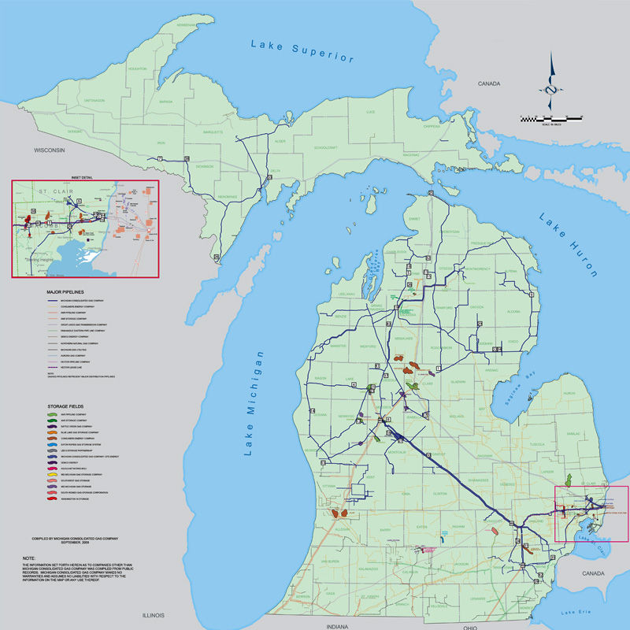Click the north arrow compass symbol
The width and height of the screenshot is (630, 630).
[x=550, y=85]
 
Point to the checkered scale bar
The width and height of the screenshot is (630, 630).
[x=551, y=118]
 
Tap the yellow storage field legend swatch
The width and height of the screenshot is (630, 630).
[x=52, y=475]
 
